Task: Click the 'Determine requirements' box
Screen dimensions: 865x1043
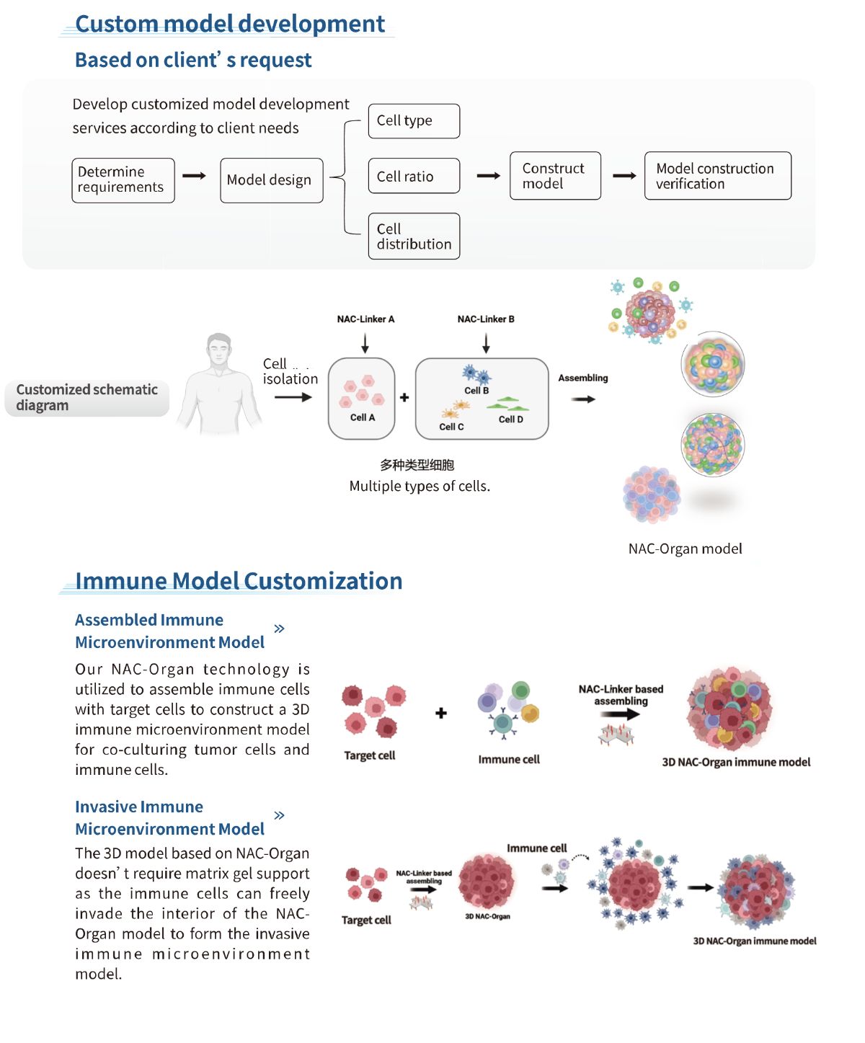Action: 123,180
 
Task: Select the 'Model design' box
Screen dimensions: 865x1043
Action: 271,180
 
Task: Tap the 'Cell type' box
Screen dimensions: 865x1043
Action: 414,121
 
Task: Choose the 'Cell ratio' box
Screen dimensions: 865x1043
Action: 414,176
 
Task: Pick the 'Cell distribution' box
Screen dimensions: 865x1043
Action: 414,236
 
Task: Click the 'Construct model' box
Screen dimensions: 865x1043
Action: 555,176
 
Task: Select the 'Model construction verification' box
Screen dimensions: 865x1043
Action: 717,176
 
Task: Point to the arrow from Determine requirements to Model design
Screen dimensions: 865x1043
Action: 194,176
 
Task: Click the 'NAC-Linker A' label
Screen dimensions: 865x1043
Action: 365,319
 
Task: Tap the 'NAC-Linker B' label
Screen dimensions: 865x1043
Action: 486,319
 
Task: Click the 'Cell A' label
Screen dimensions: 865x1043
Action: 363,417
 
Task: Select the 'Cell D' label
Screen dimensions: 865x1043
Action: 510,420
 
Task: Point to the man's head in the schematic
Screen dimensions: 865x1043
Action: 219,350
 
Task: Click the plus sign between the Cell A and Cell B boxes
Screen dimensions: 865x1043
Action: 404,398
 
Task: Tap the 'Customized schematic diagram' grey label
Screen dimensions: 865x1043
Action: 87,398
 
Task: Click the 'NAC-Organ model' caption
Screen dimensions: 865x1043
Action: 685,549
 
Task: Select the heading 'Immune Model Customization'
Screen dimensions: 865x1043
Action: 239,581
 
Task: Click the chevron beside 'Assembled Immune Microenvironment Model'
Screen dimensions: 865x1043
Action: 280,629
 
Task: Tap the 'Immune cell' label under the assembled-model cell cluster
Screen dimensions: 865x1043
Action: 509,759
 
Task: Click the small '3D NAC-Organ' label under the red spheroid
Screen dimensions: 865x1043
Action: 488,917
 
